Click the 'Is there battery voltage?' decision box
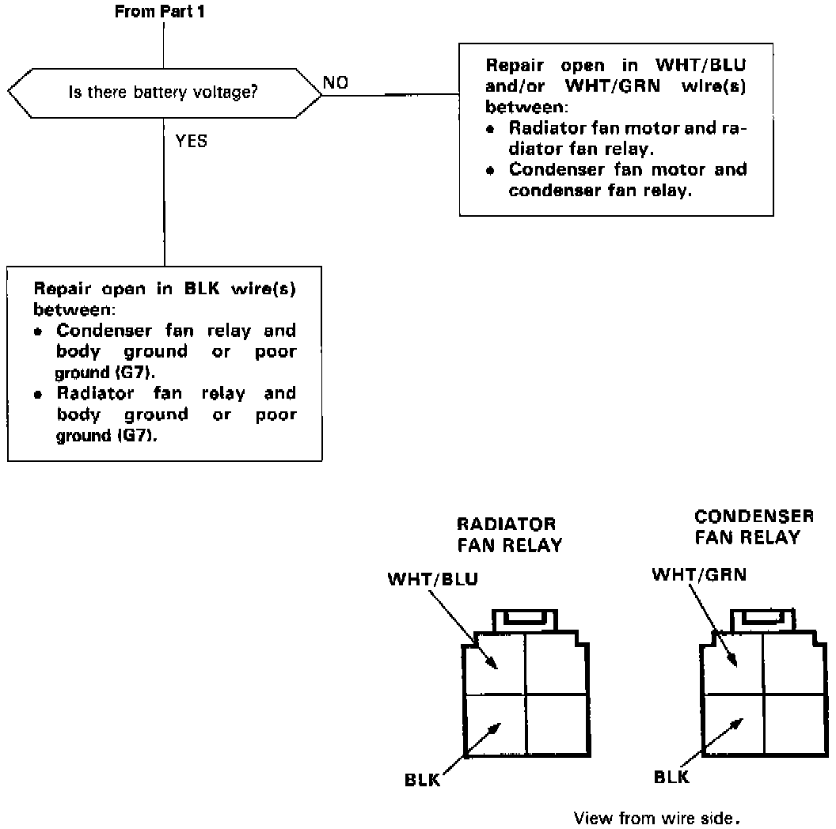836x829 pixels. click(165, 93)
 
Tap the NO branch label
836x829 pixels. click(336, 83)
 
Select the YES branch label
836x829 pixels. click(192, 142)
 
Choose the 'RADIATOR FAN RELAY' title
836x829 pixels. click(509, 535)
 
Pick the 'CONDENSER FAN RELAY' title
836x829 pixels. click(754, 527)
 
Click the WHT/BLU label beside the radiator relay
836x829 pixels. click(432, 579)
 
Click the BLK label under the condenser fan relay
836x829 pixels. click(671, 776)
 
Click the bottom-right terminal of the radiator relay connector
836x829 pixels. click(557, 723)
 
